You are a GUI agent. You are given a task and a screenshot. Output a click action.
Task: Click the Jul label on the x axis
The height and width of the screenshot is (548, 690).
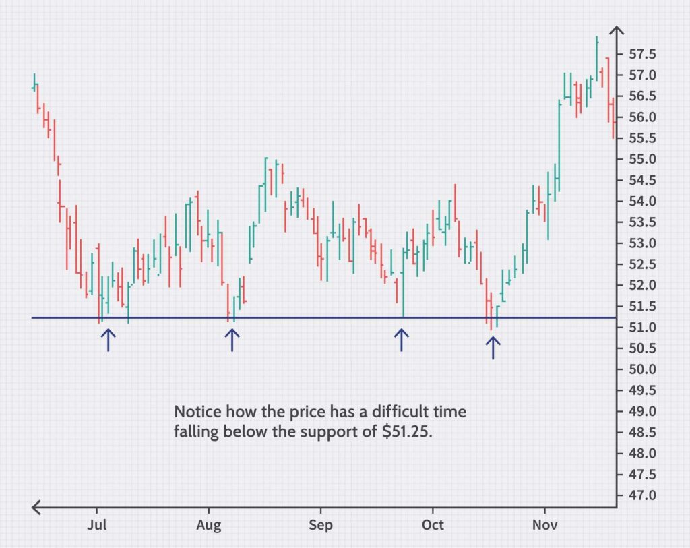(98, 525)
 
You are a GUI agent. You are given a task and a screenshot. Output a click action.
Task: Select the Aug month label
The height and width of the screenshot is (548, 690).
(209, 525)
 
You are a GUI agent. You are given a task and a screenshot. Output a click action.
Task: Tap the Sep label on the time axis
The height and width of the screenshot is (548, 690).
(321, 525)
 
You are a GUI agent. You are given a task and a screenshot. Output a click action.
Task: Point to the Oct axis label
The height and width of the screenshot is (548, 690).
(433, 525)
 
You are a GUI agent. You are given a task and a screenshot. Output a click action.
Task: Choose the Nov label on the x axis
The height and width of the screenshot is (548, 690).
(544, 525)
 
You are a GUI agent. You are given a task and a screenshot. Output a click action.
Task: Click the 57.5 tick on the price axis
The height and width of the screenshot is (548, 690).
(642, 54)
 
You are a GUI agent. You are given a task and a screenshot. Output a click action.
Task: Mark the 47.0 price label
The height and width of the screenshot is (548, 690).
(642, 495)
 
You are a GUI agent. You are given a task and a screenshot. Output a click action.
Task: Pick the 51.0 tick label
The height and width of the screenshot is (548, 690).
(642, 328)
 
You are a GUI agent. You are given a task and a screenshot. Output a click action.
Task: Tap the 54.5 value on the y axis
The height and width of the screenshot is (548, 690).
(642, 180)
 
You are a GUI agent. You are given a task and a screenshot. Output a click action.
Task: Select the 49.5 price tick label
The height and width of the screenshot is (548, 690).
(642, 390)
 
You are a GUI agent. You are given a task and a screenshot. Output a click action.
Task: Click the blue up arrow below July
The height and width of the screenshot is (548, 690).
(108, 340)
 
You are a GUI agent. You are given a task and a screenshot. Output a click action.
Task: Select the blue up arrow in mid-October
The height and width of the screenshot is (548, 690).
(493, 348)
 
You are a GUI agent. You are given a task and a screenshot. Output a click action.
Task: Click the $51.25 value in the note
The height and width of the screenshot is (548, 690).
(404, 432)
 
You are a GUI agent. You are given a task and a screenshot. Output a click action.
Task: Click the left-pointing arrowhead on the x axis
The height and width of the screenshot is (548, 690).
(38, 507)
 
